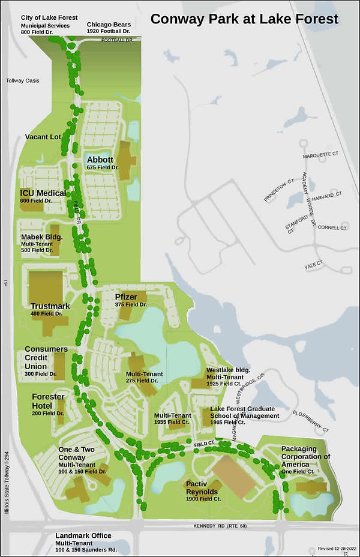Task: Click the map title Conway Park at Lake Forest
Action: tap(244, 19)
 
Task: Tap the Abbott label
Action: tap(100, 160)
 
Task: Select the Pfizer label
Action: tap(127, 297)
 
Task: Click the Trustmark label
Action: tap(50, 306)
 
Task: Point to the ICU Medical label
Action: tap(43, 193)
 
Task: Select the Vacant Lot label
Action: tap(43, 137)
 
